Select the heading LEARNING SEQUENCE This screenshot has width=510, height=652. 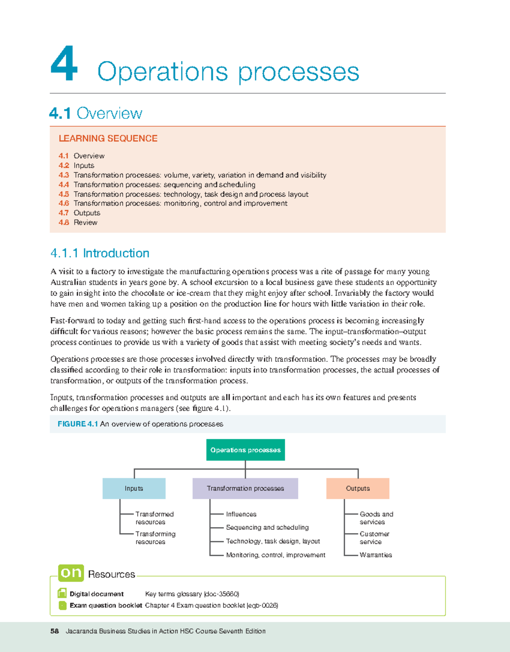coord(108,138)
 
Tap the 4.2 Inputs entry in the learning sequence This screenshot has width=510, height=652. coord(76,165)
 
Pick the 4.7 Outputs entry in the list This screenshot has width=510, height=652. coord(79,213)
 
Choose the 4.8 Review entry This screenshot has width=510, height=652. coord(78,222)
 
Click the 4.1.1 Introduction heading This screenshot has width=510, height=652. coord(100,253)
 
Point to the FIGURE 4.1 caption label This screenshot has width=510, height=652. coord(78,424)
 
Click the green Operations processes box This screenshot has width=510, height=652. coord(245,450)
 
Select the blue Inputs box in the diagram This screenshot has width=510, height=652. coord(134,488)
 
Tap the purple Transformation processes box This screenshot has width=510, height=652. coord(245,488)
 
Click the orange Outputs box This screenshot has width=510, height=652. coord(358,488)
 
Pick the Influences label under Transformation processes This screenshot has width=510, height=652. coord(241,514)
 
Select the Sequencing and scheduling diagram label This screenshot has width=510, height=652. coord(267,527)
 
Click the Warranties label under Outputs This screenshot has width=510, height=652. coord(376,555)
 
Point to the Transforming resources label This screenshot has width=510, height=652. coord(155,538)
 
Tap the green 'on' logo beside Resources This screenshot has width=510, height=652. coord(71,573)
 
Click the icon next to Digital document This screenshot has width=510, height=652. coord(62,593)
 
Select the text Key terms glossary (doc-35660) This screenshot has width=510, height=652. coord(192,594)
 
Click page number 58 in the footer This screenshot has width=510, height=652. coord(54,631)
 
